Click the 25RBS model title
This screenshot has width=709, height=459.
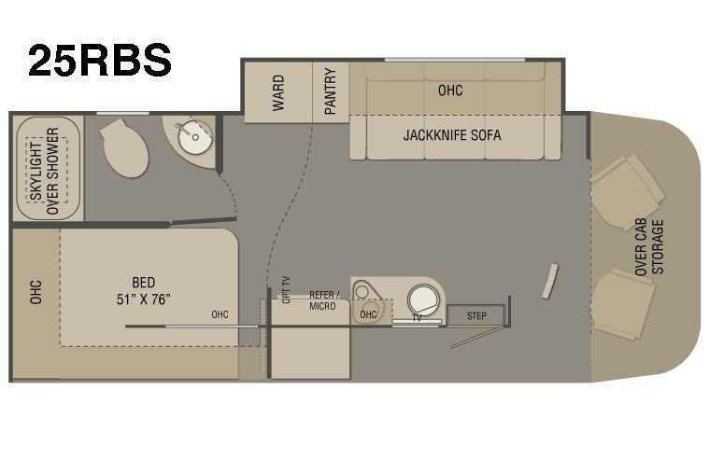click(x=99, y=60)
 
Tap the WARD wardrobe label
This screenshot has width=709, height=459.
click(x=278, y=93)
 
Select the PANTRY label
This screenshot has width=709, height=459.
click(x=331, y=91)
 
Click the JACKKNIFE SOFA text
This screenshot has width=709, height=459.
click(x=452, y=135)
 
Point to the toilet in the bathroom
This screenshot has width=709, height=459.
click(x=125, y=147)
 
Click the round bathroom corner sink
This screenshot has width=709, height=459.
click(x=195, y=135)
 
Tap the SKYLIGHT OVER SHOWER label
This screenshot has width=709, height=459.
click(x=45, y=171)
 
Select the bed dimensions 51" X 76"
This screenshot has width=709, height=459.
click(x=143, y=299)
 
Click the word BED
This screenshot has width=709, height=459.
click(x=143, y=283)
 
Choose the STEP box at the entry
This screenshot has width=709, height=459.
click(x=475, y=315)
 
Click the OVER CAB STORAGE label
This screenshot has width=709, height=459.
click(x=649, y=247)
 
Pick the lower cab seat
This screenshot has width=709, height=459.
click(x=623, y=304)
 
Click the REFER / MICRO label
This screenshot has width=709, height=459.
click(x=323, y=300)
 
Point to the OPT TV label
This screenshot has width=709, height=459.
click(x=286, y=289)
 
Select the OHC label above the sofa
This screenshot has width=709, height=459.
click(x=450, y=90)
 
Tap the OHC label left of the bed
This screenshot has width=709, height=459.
click(x=35, y=292)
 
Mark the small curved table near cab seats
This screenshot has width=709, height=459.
click(x=550, y=281)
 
